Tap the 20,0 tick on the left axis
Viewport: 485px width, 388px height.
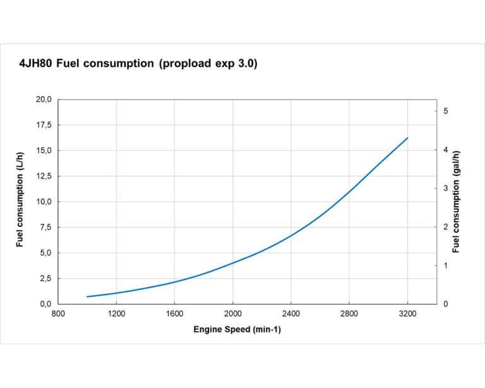click(x=43, y=99)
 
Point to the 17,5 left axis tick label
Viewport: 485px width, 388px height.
click(x=43, y=125)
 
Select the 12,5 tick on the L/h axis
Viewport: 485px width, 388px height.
click(x=43, y=176)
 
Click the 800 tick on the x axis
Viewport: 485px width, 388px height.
click(x=58, y=313)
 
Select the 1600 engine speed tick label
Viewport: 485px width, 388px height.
click(x=174, y=313)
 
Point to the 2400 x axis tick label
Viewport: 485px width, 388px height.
click(x=291, y=313)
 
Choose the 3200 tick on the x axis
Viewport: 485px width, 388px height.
click(x=408, y=313)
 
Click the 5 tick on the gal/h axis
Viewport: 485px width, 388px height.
click(x=445, y=111)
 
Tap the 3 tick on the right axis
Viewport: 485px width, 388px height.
click(x=445, y=188)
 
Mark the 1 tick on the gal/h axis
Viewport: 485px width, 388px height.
click(x=445, y=265)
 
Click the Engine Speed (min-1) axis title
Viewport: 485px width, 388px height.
click(x=237, y=330)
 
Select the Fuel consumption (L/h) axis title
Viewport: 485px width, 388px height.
click(x=20, y=202)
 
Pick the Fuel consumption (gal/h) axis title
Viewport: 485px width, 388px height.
click(x=457, y=202)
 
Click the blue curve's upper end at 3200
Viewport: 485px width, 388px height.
click(x=407, y=138)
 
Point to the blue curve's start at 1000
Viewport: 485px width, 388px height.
click(x=88, y=296)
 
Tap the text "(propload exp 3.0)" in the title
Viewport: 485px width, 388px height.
click(x=208, y=64)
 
